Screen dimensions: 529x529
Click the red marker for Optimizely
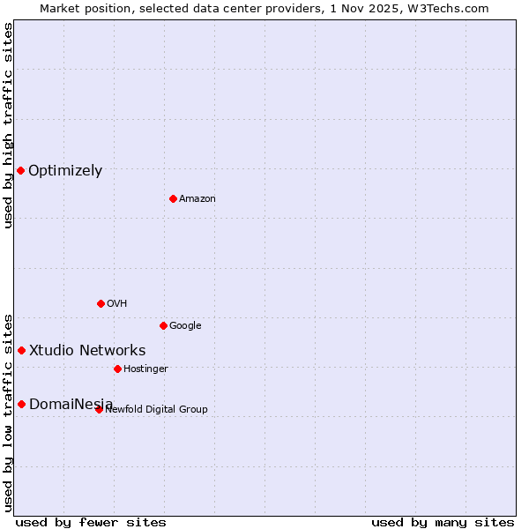tap(20, 170)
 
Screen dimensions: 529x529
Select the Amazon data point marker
tap(173, 198)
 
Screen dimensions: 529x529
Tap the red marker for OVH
tap(101, 303)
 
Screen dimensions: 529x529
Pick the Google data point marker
tap(163, 325)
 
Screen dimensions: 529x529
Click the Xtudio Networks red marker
tap(21, 350)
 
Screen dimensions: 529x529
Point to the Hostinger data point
tap(117, 369)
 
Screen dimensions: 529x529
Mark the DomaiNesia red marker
tap(21, 404)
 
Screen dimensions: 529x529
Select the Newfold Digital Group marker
tap(99, 409)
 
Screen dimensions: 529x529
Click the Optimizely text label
tap(65, 171)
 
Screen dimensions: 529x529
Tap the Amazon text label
tap(197, 199)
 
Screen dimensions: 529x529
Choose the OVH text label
tap(117, 304)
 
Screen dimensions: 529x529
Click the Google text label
tap(185, 326)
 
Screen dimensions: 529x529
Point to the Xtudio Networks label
tap(87, 351)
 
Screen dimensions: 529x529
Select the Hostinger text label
tap(145, 369)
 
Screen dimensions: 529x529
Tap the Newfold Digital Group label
tap(156, 410)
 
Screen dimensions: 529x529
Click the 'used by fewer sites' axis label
tap(91, 523)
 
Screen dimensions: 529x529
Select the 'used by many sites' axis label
tap(443, 523)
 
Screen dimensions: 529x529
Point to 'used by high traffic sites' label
tap(9, 125)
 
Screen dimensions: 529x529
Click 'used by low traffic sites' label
tap(9, 413)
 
